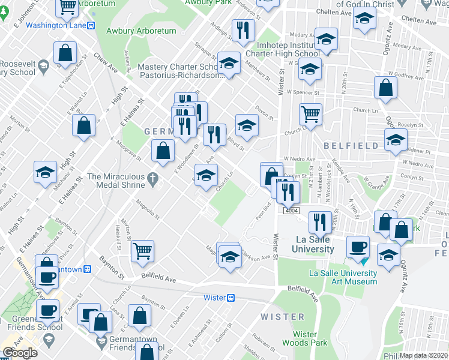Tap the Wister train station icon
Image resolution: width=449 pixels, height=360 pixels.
pyautogui.click(x=231, y=298)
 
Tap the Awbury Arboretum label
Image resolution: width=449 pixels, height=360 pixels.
pyautogui.click(x=141, y=31)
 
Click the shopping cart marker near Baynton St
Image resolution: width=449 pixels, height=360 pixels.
pyautogui.click(x=142, y=251)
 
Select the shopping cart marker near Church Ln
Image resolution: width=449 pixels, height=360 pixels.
pyautogui.click(x=310, y=114)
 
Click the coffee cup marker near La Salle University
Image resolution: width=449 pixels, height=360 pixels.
pyautogui.click(x=359, y=247)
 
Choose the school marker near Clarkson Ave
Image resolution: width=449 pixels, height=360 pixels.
pyautogui.click(x=229, y=257)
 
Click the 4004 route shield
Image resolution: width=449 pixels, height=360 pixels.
pyautogui.click(x=292, y=211)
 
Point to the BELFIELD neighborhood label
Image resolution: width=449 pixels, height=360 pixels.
pyautogui.click(x=351, y=146)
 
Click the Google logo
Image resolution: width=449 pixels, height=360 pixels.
pyautogui.click(x=20, y=353)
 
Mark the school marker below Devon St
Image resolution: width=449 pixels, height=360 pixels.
pyautogui.click(x=246, y=125)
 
